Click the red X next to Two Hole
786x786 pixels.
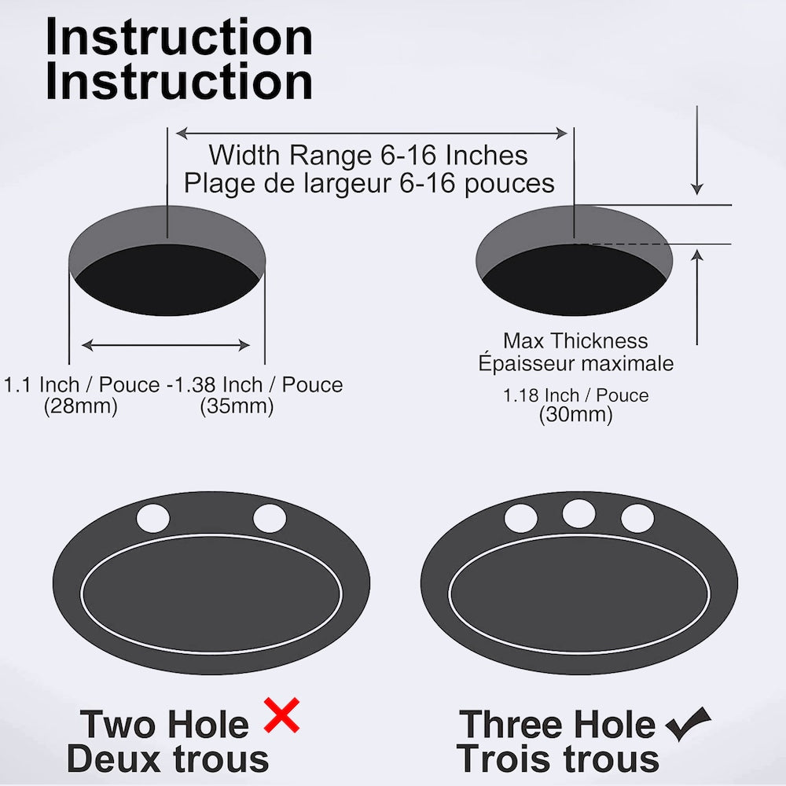(281, 715)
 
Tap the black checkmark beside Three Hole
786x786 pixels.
(688, 724)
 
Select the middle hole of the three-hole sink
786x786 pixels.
(579, 514)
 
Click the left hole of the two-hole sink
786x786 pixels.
(153, 518)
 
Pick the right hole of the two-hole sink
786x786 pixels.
(270, 518)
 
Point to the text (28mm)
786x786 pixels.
(81, 406)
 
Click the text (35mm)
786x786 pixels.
(237, 406)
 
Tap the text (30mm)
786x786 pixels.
(576, 415)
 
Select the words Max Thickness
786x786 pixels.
(575, 341)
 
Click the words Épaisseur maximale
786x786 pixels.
(576, 362)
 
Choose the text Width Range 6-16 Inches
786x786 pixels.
(369, 154)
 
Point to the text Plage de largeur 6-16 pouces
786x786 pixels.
(369, 183)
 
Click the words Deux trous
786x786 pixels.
(168, 759)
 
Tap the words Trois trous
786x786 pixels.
(557, 759)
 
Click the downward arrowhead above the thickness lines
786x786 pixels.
(696, 189)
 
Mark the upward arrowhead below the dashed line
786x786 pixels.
(696, 255)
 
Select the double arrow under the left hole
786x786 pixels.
(166, 345)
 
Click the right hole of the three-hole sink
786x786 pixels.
(637, 518)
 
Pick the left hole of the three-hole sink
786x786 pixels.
(521, 518)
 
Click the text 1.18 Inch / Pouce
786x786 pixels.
(576, 395)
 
